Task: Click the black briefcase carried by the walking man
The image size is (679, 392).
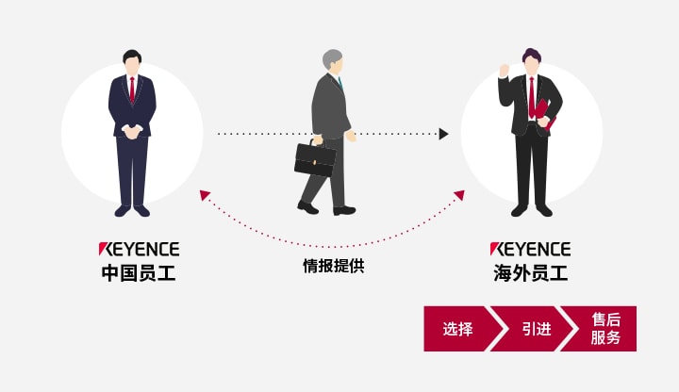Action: (x=315, y=159)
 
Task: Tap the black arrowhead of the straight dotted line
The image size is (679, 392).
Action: (x=443, y=134)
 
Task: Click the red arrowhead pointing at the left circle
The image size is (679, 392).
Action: (x=205, y=195)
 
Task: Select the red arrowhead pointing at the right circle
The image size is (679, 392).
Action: (x=459, y=195)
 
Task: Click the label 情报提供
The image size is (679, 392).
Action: (x=334, y=266)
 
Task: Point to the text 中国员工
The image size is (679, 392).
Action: (x=139, y=273)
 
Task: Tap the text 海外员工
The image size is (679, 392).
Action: (x=530, y=273)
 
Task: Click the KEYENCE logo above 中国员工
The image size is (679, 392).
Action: (x=139, y=249)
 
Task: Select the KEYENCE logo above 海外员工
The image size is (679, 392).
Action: (x=530, y=249)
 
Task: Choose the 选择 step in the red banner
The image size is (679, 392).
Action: (x=458, y=329)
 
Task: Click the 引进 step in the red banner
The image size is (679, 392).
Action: (x=536, y=329)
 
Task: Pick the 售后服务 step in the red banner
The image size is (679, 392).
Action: (x=605, y=329)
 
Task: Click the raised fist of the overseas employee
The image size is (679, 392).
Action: (x=504, y=70)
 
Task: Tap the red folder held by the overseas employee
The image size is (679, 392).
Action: (x=545, y=113)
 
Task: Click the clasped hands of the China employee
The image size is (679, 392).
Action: (x=132, y=132)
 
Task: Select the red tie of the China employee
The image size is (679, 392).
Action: (x=132, y=90)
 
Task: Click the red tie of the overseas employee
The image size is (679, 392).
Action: (x=531, y=98)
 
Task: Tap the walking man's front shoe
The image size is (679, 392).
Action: (x=344, y=211)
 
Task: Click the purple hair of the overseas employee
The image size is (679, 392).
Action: (x=532, y=56)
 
